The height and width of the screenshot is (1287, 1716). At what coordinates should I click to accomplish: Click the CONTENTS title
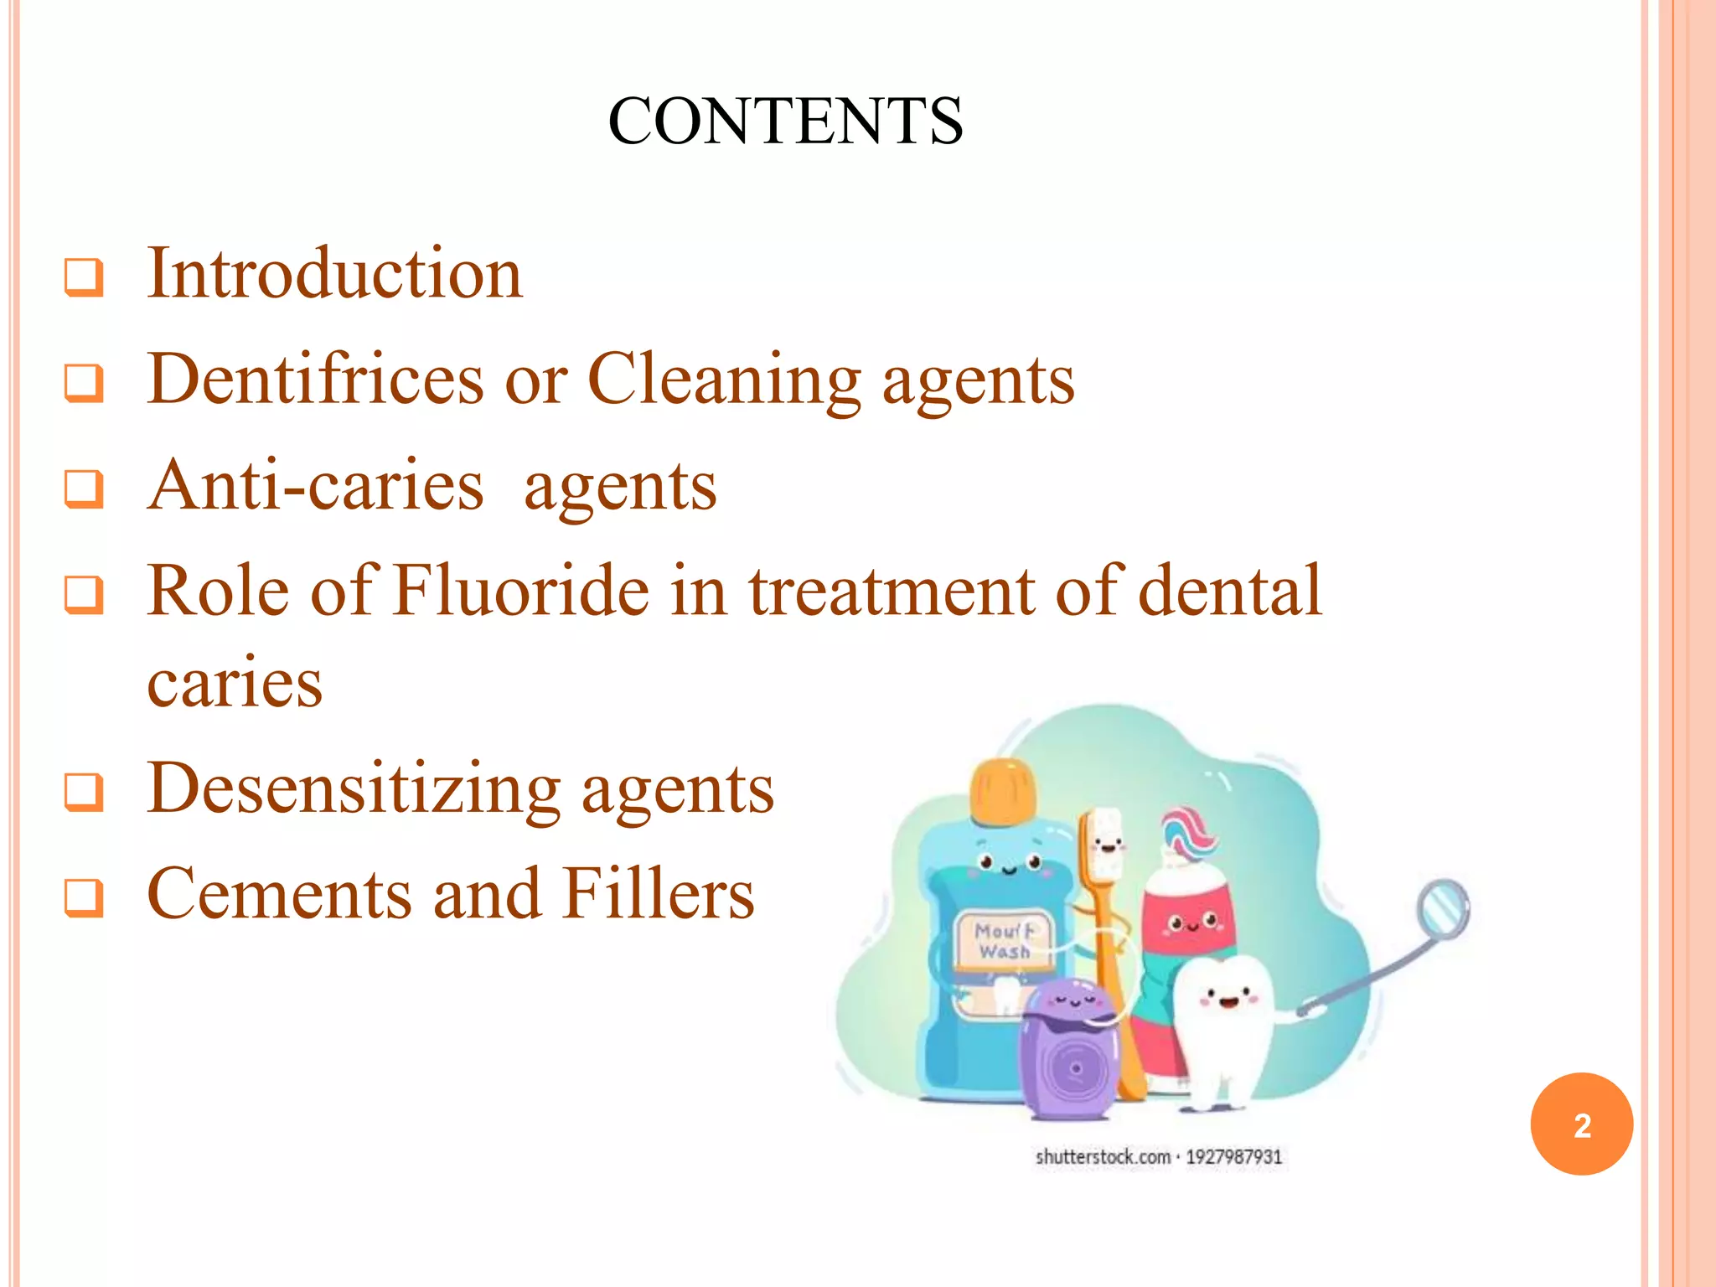coord(785,121)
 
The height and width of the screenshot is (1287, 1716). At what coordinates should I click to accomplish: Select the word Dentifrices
coord(315,380)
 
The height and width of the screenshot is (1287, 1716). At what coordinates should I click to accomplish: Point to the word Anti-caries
coord(315,486)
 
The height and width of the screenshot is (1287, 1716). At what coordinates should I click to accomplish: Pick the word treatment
coord(892,592)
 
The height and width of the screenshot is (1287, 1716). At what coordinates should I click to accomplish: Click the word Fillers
coord(658,894)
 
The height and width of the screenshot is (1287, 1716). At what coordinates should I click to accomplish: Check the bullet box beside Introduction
coord(84,277)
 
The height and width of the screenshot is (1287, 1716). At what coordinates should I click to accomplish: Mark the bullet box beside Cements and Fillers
coord(84,897)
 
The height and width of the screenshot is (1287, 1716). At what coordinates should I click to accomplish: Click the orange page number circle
coord(1581,1124)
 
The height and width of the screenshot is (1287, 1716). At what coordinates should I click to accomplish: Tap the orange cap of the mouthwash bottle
coord(1003,790)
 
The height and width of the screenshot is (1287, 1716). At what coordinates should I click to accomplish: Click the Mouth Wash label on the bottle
coord(1004,941)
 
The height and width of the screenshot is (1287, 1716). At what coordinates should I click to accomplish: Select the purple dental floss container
coord(1068,1052)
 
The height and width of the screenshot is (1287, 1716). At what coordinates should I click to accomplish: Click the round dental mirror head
coord(1443,907)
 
